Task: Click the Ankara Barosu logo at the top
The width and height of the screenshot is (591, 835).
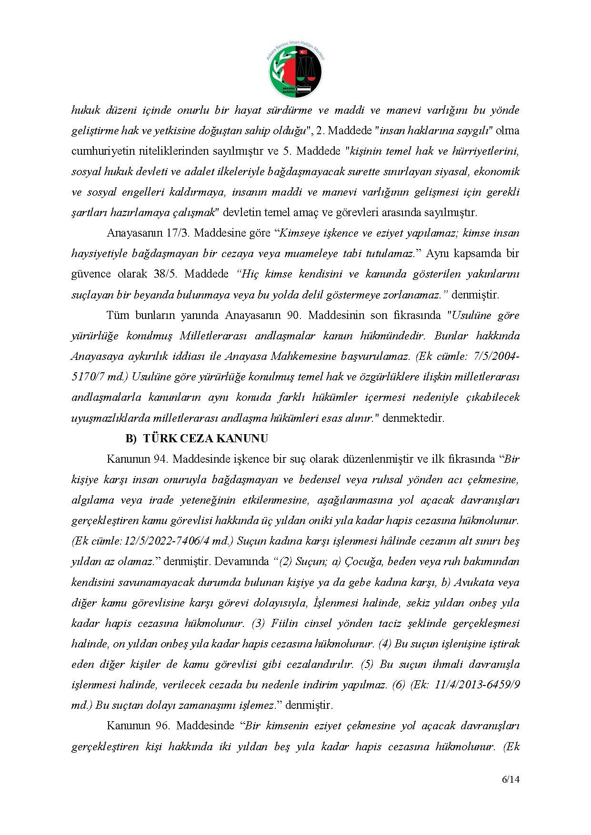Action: pyautogui.click(x=295, y=70)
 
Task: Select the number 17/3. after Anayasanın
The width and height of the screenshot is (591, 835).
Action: pyautogui.click(x=180, y=233)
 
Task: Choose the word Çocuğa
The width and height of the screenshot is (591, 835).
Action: pyautogui.click(x=361, y=561)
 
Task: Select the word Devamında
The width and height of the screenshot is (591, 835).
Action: pyautogui.click(x=241, y=561)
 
